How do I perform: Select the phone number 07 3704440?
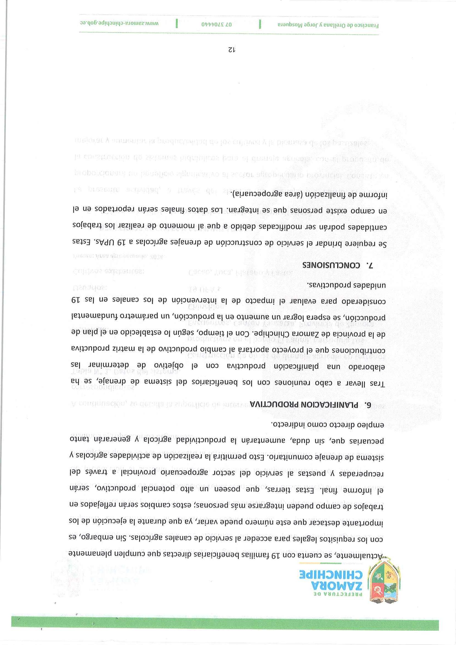tap(218, 24)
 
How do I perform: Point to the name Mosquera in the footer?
tap(292, 25)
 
